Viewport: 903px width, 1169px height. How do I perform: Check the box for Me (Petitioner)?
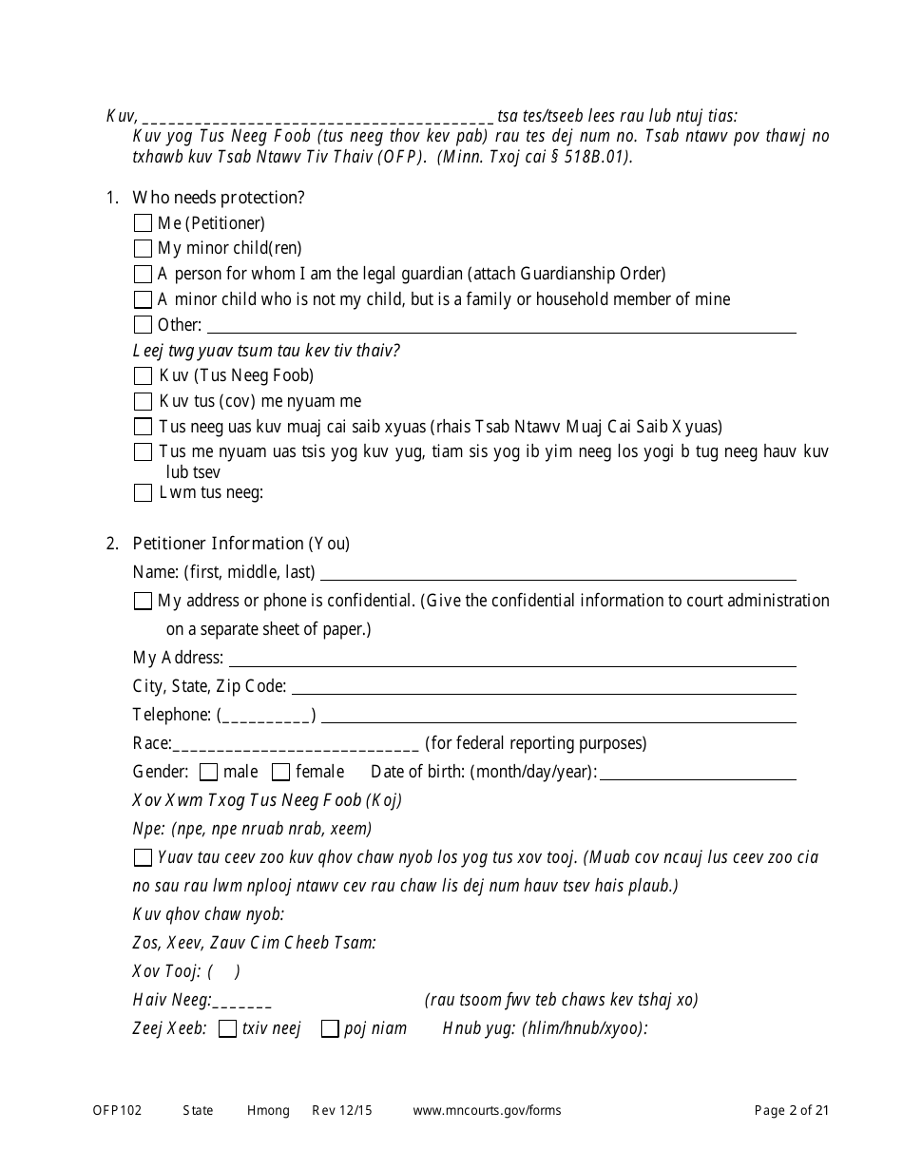(x=143, y=223)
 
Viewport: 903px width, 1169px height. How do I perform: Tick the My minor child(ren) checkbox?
(x=143, y=249)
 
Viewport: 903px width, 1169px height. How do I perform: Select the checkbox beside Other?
(x=143, y=325)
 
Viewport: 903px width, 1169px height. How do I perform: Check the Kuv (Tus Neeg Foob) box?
(x=143, y=376)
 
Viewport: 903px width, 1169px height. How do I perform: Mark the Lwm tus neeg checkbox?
(x=143, y=493)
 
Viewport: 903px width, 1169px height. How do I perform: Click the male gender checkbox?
(x=209, y=772)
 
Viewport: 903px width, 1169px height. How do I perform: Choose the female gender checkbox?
(x=281, y=772)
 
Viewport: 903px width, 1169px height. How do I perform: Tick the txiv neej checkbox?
(x=227, y=1028)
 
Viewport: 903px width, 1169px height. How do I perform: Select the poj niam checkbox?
(x=330, y=1028)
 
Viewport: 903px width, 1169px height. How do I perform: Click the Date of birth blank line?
(x=699, y=774)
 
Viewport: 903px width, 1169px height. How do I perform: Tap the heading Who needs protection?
(x=219, y=198)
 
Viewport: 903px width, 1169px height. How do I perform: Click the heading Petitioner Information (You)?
(x=241, y=544)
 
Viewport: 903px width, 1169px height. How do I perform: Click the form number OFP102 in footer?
(x=117, y=1110)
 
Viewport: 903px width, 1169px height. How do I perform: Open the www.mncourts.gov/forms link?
(x=487, y=1110)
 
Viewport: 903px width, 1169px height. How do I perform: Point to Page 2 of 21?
(x=792, y=1110)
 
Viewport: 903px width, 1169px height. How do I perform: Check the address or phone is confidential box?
(x=143, y=601)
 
